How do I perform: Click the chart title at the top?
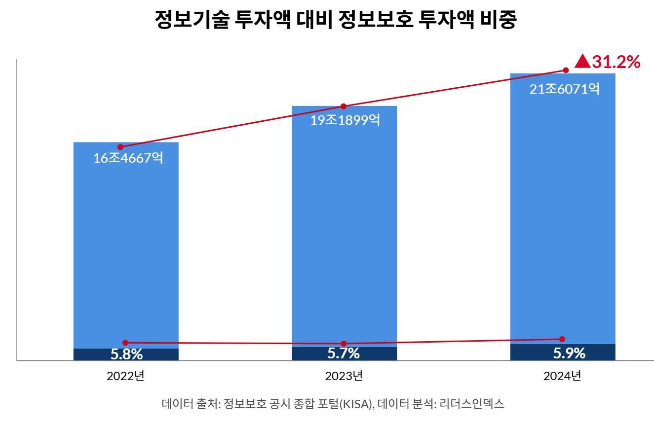pyautogui.click(x=335, y=20)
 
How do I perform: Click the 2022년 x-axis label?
pyautogui.click(x=125, y=376)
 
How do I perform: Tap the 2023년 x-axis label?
pyautogui.click(x=344, y=376)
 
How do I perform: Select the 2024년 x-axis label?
pyautogui.click(x=562, y=376)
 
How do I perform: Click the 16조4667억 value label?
pyautogui.click(x=128, y=158)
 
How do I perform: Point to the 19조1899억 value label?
pyautogui.click(x=346, y=120)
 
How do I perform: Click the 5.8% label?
pyautogui.click(x=126, y=354)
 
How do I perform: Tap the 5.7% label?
pyautogui.click(x=344, y=353)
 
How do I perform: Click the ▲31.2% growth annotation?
pyautogui.click(x=608, y=62)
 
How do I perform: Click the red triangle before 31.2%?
pyautogui.click(x=583, y=62)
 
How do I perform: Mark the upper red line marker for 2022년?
pyautogui.click(x=120, y=147)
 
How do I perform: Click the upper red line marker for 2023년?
pyautogui.click(x=344, y=106)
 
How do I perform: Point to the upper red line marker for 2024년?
pyautogui.click(x=566, y=70)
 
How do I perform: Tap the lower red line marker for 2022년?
pyautogui.click(x=125, y=343)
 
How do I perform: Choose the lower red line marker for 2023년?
pyautogui.click(x=344, y=344)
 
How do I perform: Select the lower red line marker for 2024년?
pyautogui.click(x=562, y=339)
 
